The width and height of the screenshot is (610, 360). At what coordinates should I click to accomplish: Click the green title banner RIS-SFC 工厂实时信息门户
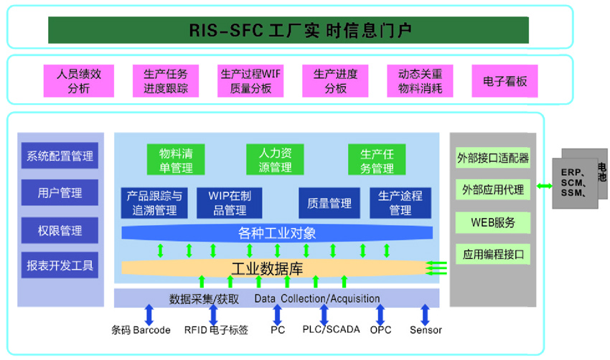coord(288,30)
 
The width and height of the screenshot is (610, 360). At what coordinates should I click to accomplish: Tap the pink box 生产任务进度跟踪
coord(166,81)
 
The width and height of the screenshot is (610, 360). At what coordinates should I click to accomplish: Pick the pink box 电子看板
coord(505,81)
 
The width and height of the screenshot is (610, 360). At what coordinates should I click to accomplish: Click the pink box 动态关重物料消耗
coord(420,81)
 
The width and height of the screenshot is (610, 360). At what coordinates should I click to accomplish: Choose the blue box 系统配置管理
coord(60,156)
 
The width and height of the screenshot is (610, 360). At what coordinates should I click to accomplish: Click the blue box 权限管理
coord(60,231)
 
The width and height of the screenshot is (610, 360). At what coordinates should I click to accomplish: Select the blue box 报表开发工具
coord(60,265)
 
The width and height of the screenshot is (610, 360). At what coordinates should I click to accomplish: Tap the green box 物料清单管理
coord(176,160)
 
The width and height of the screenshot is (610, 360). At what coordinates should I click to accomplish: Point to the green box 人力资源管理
coord(275,160)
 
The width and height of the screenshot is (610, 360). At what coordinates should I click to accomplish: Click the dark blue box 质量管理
coord(329,203)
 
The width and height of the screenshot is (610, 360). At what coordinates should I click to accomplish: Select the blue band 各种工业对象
coord(277,233)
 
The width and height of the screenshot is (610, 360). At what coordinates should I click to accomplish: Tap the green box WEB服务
coord(493,222)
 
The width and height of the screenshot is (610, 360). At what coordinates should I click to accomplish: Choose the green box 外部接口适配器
coord(493,158)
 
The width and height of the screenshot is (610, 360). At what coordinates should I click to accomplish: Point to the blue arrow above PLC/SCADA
coord(324,314)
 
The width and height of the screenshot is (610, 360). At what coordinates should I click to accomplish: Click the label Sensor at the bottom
coord(426,331)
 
